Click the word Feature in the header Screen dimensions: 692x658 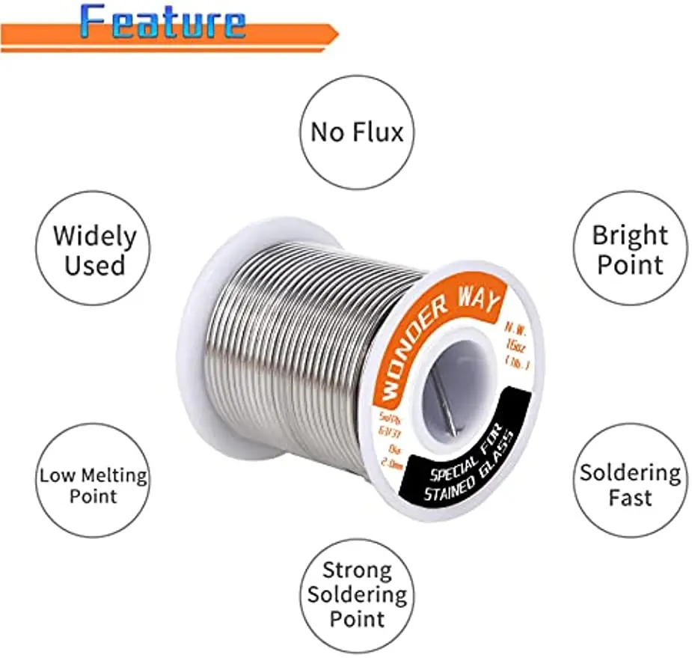point(162,21)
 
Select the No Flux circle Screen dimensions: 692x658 point(357,132)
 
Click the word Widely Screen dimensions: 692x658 point(94,236)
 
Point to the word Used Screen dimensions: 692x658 point(94,265)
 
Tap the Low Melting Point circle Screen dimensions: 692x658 point(94,485)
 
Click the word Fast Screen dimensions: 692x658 point(630,498)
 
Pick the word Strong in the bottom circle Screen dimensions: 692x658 point(357,570)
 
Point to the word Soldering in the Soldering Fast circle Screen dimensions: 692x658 point(630,472)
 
